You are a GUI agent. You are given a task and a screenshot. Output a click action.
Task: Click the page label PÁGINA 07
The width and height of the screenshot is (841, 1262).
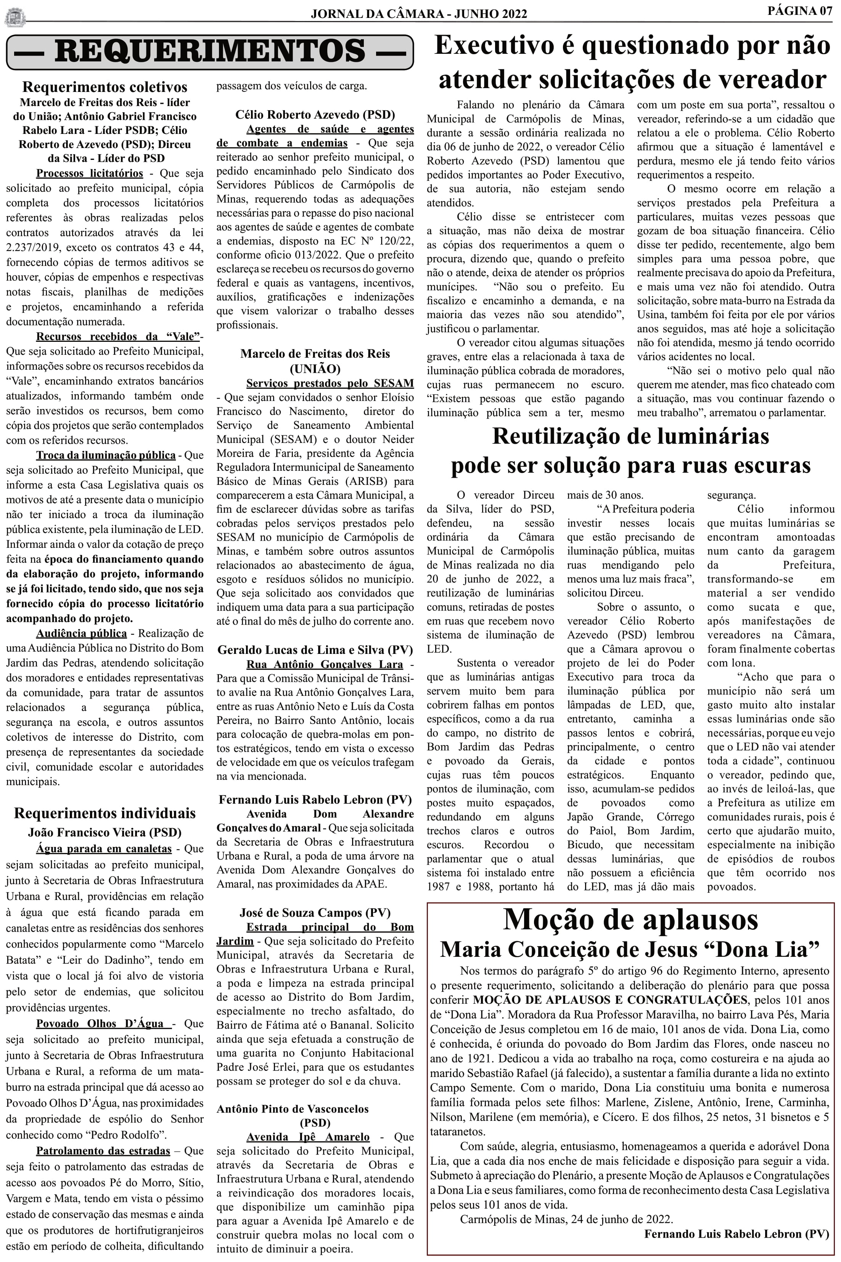point(799,11)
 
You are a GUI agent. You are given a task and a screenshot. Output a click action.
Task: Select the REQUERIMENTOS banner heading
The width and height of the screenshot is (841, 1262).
point(210,52)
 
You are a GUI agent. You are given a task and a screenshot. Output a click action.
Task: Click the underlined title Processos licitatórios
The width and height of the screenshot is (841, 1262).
point(90,173)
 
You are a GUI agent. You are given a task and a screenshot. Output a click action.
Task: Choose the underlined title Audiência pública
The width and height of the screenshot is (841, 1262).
point(82,633)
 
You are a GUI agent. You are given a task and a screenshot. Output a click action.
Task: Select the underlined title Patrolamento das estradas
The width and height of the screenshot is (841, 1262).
point(103,1151)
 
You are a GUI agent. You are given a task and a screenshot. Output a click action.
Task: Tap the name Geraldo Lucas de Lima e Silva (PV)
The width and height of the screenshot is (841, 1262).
point(315,650)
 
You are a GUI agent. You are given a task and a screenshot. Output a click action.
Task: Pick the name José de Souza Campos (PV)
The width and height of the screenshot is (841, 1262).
point(315,913)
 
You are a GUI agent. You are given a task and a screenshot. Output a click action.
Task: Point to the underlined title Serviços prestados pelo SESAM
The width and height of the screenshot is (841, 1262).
point(330,383)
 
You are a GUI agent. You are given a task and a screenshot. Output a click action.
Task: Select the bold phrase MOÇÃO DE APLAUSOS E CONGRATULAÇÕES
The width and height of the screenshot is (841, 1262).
point(610,1000)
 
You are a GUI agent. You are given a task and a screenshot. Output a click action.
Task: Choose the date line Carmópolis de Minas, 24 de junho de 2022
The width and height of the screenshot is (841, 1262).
point(566,1219)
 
